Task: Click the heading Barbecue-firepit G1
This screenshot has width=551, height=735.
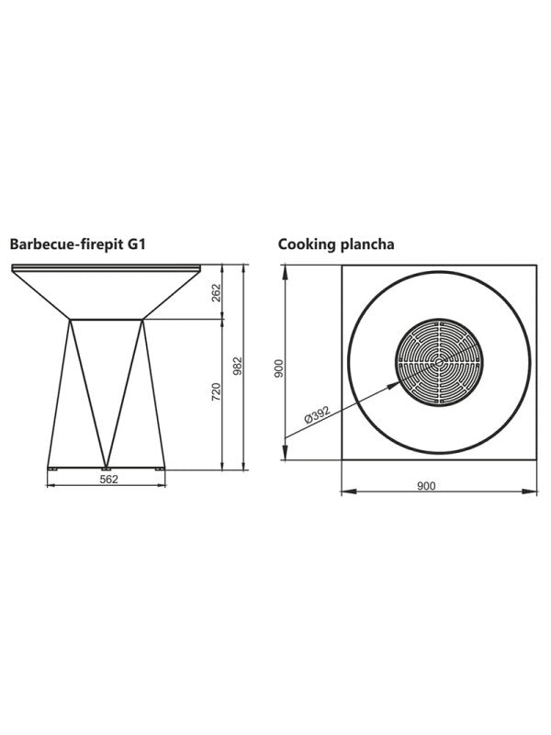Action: (x=78, y=245)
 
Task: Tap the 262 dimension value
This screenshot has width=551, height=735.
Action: (x=217, y=292)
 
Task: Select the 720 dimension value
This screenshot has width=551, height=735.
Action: (x=217, y=392)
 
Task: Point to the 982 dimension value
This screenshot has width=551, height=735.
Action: (x=237, y=367)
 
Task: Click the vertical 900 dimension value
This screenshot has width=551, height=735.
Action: (x=279, y=368)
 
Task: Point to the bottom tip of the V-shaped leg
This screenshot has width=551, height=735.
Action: (x=107, y=462)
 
